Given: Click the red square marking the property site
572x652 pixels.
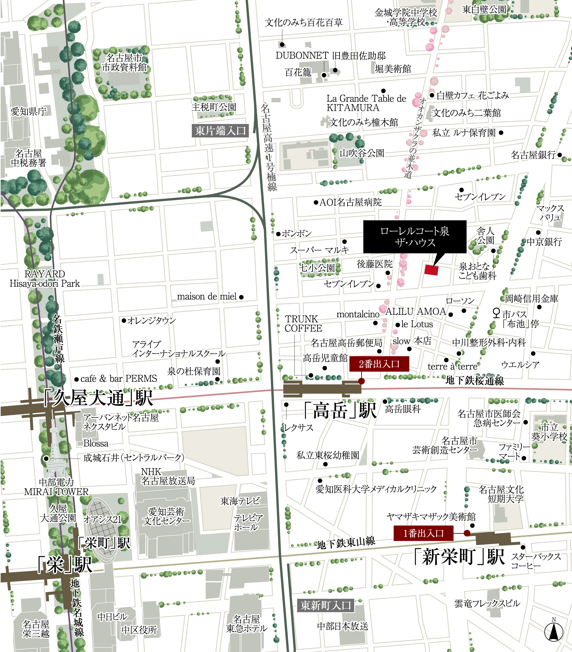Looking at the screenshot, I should (431, 269).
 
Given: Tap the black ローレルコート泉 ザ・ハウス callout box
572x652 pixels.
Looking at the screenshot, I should (414, 237).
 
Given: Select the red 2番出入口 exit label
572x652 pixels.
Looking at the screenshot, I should (379, 364).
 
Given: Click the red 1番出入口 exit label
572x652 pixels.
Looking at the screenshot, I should (423, 534).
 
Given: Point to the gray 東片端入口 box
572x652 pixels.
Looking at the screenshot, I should (220, 131).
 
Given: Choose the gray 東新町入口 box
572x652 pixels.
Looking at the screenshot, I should (326, 605).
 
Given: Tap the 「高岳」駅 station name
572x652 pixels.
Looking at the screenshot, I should (340, 410).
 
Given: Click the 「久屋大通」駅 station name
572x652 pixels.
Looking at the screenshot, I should (98, 398).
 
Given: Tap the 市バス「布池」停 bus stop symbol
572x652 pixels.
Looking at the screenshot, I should (496, 313).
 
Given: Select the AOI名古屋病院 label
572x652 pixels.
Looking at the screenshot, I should (350, 202).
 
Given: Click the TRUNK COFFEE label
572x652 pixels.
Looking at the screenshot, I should (303, 323).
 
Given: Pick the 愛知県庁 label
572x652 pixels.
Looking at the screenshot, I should (29, 111).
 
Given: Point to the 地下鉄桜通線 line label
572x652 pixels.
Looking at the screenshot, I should (475, 380).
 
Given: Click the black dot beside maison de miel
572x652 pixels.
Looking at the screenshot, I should (241, 297).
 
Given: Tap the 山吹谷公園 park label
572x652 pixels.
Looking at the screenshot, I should (362, 153).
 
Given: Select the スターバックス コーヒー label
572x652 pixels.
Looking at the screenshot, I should (536, 561).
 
